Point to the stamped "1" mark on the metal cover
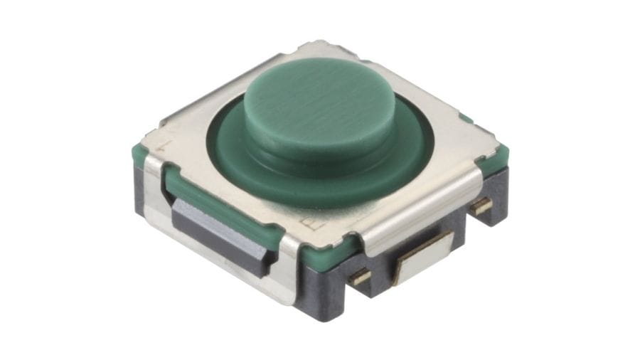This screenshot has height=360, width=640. [165, 145]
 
